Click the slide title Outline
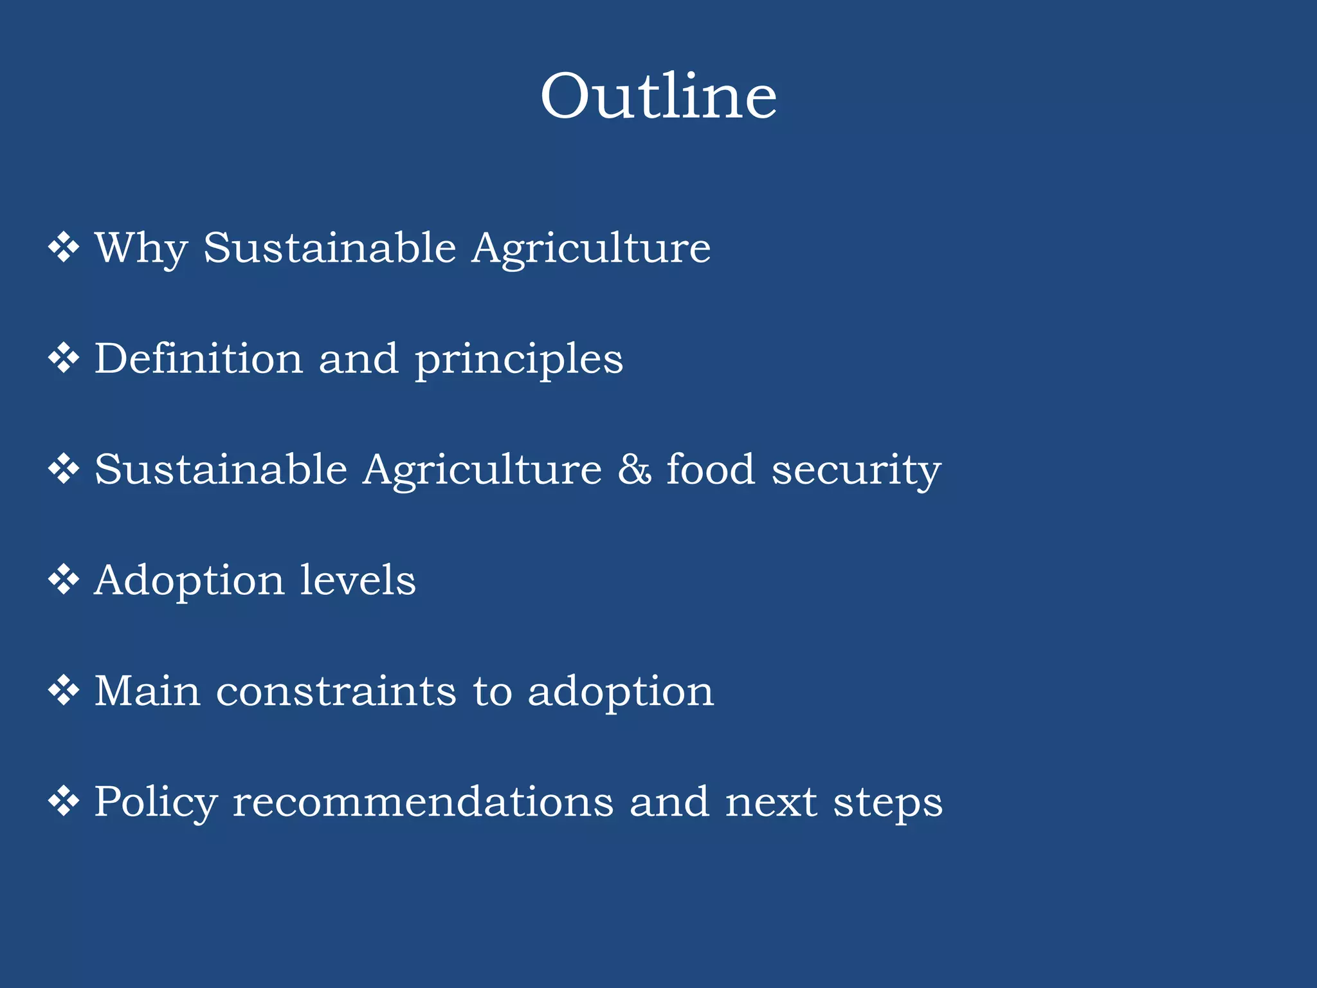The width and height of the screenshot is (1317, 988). click(658, 96)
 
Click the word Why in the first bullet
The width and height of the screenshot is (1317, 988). click(141, 248)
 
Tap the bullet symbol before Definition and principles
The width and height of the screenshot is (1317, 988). click(64, 358)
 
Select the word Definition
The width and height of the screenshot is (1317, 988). click(199, 358)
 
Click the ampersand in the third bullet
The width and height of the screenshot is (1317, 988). click(634, 470)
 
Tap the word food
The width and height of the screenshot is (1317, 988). click(710, 470)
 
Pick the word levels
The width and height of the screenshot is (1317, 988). click(358, 580)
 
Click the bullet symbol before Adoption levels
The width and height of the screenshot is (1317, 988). click(64, 580)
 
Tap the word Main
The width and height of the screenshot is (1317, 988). click(147, 691)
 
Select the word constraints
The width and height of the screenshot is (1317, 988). click(336, 691)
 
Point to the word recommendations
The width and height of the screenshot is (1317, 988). click(422, 802)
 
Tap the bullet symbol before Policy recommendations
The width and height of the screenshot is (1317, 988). click(64, 802)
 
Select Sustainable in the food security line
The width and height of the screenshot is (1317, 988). click(221, 470)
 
